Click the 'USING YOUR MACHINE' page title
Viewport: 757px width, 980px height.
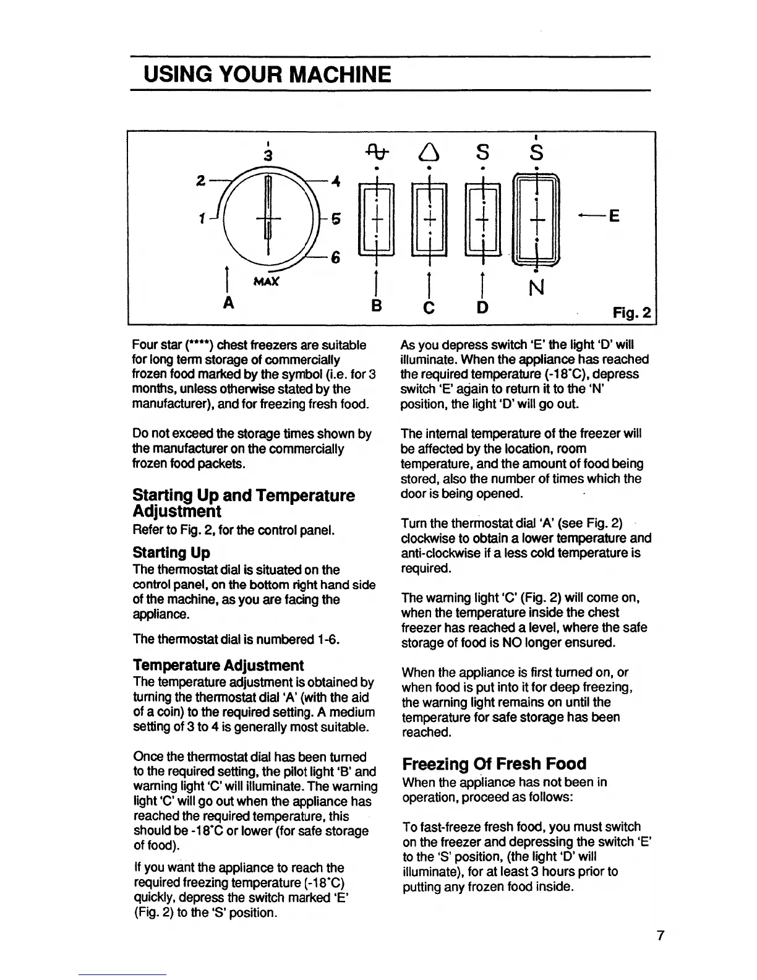267,74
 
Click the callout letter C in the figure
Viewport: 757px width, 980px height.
428,306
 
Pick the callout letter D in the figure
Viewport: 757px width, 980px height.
482,306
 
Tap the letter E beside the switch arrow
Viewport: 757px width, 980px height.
615,217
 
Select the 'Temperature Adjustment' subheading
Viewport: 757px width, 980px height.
218,665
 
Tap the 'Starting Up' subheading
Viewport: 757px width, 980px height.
171,552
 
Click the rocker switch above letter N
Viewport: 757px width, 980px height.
537,218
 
